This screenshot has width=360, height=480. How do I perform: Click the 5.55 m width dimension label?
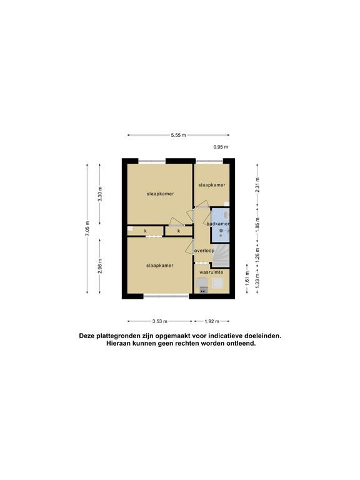click(179, 135)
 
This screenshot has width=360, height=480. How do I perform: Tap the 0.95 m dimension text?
click(221, 147)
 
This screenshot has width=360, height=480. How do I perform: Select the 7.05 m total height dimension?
click(87, 228)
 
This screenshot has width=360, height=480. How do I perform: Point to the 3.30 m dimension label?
click(100, 194)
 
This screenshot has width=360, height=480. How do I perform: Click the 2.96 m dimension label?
click(100, 266)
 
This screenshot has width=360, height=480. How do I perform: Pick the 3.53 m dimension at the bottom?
click(160, 321)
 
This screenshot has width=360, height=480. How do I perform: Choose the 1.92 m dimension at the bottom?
click(212, 321)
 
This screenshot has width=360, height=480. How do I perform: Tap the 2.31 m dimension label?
click(257, 184)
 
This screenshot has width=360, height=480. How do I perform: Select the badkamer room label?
click(217, 224)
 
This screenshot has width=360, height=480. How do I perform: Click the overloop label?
click(204, 251)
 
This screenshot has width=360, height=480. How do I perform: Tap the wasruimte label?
click(211, 272)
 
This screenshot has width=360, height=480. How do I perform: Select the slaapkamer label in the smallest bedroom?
click(211, 185)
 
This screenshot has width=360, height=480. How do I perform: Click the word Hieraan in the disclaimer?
click(118, 344)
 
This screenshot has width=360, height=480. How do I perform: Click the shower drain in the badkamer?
click(221, 231)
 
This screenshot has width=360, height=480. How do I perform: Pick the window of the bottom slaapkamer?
click(166, 296)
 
